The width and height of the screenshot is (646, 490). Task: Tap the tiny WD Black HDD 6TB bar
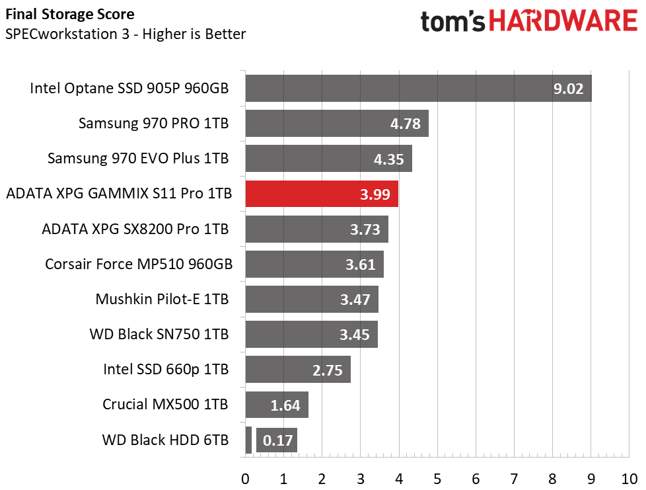point(248,440)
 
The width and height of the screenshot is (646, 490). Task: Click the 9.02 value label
point(568,89)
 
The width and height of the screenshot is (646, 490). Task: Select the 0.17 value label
point(278,440)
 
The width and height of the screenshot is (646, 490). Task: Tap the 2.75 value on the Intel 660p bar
point(328,370)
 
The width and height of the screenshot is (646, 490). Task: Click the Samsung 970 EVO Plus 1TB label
point(138,158)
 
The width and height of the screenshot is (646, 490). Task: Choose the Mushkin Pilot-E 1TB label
point(162,299)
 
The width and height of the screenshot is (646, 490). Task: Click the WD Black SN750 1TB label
point(159,334)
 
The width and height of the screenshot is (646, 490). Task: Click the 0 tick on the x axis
point(245,478)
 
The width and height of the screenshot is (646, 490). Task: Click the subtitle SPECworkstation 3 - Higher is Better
point(126,34)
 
